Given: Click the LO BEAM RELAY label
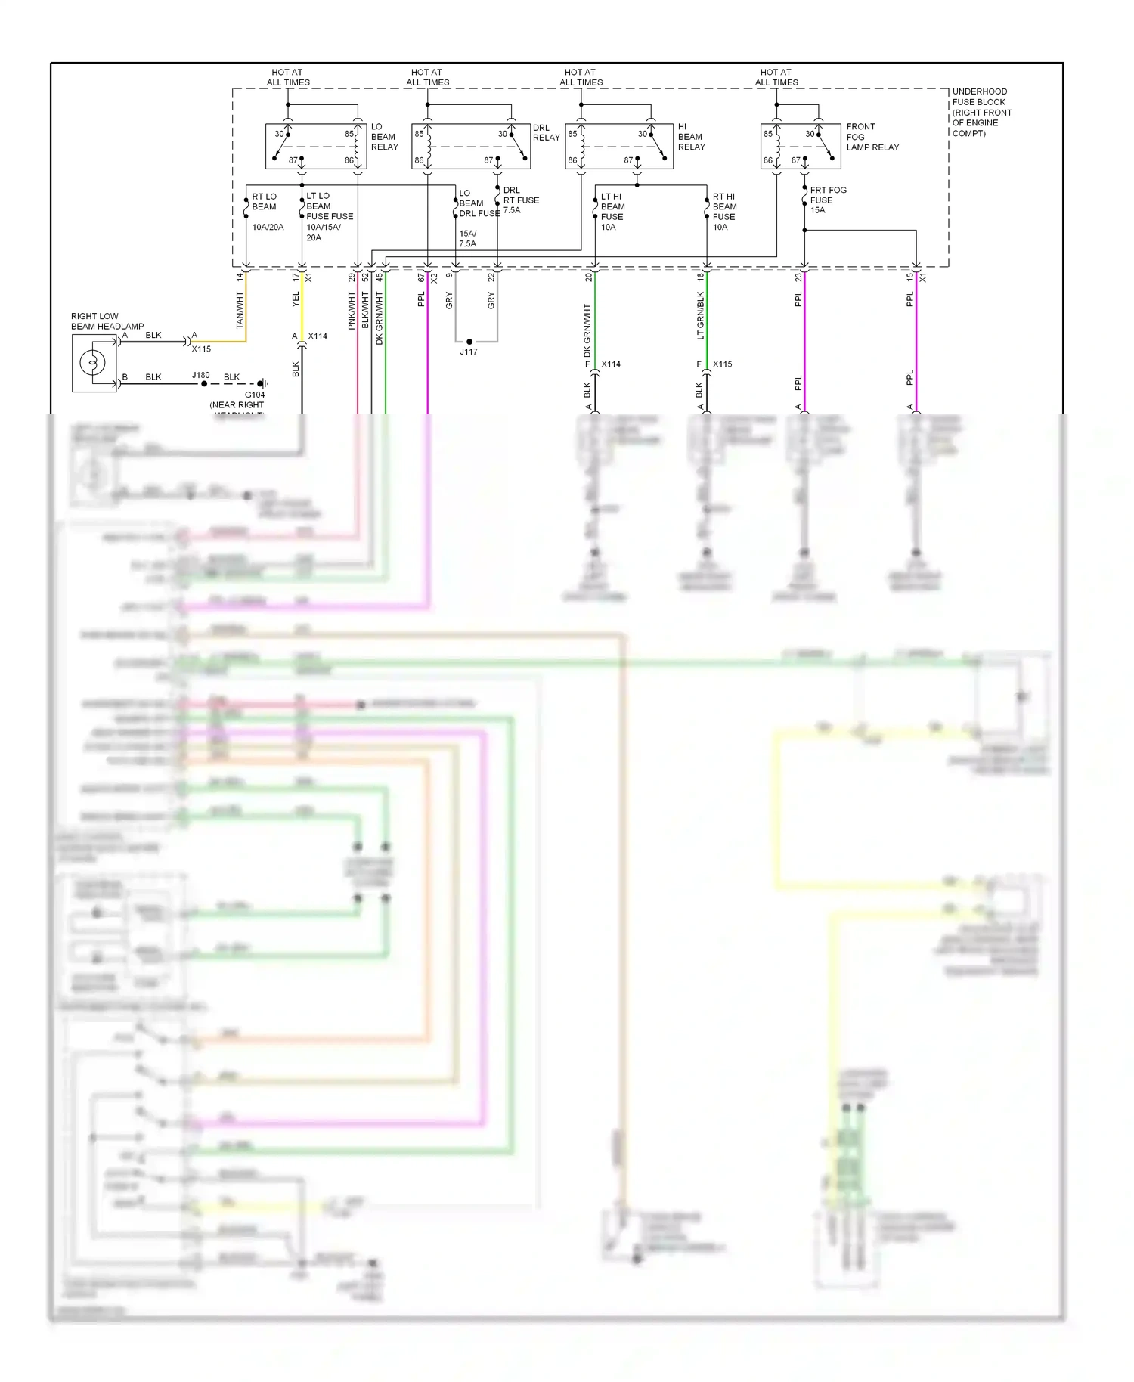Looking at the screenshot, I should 384,137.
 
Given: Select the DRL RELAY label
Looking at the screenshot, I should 546,132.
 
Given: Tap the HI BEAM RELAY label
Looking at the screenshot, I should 691,137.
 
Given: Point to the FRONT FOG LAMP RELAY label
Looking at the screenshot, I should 872,137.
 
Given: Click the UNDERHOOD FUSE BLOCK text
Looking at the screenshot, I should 981,112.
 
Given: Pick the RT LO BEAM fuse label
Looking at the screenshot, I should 265,201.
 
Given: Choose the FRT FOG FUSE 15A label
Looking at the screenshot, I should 827,200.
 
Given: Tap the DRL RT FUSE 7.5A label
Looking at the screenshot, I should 521,200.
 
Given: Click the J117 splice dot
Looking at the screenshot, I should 469,342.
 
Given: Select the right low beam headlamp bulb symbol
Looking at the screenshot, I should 93,363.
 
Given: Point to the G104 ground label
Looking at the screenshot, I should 255,395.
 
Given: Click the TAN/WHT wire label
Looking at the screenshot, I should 240,310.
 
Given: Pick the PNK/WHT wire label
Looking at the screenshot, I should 352,311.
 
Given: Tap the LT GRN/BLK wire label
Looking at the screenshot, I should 701,315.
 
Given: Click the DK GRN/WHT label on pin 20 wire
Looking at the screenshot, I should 587,330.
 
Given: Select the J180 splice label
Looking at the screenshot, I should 200,375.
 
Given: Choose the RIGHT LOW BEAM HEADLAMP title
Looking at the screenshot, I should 107,321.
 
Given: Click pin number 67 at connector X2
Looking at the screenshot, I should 421,277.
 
